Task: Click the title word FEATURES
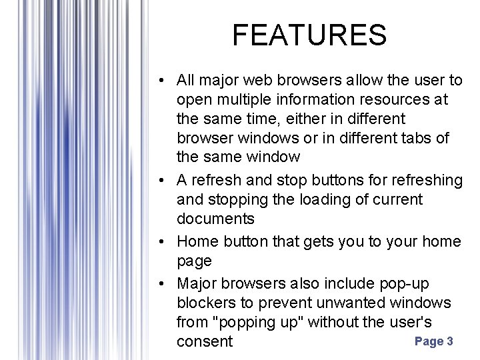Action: [x=309, y=35]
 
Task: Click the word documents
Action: [x=215, y=219]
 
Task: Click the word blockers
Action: [x=206, y=303]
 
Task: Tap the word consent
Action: [x=205, y=342]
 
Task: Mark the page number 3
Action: [x=450, y=341]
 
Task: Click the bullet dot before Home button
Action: [x=163, y=242]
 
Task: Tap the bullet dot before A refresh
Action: [x=163, y=181]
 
